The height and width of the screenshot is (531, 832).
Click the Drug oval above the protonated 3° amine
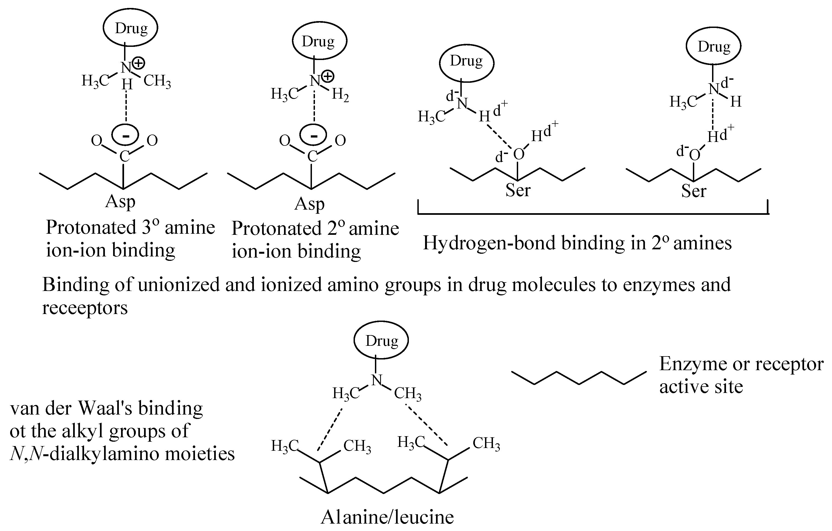point(131,28)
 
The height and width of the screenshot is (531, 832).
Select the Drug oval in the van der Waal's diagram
point(381,340)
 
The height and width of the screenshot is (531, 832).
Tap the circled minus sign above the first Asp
point(126,135)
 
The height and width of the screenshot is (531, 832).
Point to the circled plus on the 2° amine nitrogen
point(328,76)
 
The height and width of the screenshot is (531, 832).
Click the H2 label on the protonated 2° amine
point(340,95)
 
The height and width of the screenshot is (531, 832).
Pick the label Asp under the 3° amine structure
point(120,202)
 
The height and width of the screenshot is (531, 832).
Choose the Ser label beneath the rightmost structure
point(693,191)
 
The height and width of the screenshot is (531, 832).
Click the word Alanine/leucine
point(387,517)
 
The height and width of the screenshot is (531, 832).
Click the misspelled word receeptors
point(85,307)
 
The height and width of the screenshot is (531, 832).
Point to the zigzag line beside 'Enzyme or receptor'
point(579,378)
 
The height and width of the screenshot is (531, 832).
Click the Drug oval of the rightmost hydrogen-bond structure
point(713,47)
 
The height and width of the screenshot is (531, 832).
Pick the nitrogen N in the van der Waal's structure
point(376,380)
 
